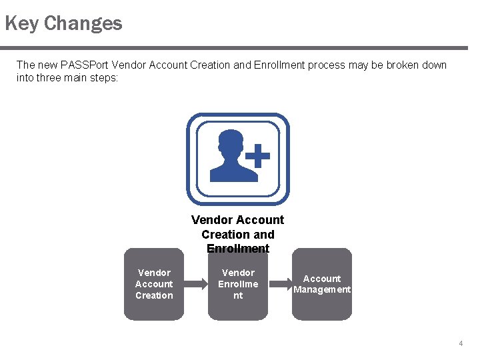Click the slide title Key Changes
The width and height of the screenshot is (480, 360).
click(63, 24)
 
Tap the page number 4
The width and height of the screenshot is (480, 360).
click(460, 343)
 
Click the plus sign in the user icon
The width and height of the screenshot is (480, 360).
click(257, 158)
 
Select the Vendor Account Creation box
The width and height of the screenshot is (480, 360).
click(154, 284)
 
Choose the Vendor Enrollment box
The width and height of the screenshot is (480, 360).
click(238, 284)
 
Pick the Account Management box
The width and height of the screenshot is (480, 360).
click(322, 284)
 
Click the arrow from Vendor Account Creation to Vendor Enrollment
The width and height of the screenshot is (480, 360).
click(196, 284)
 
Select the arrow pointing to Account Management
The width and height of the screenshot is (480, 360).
click(280, 284)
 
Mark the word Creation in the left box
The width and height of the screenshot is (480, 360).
click(154, 295)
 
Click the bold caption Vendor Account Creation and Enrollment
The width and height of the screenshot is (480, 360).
click(238, 234)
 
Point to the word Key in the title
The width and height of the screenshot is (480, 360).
click(21, 24)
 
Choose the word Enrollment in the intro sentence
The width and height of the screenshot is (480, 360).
click(277, 65)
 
